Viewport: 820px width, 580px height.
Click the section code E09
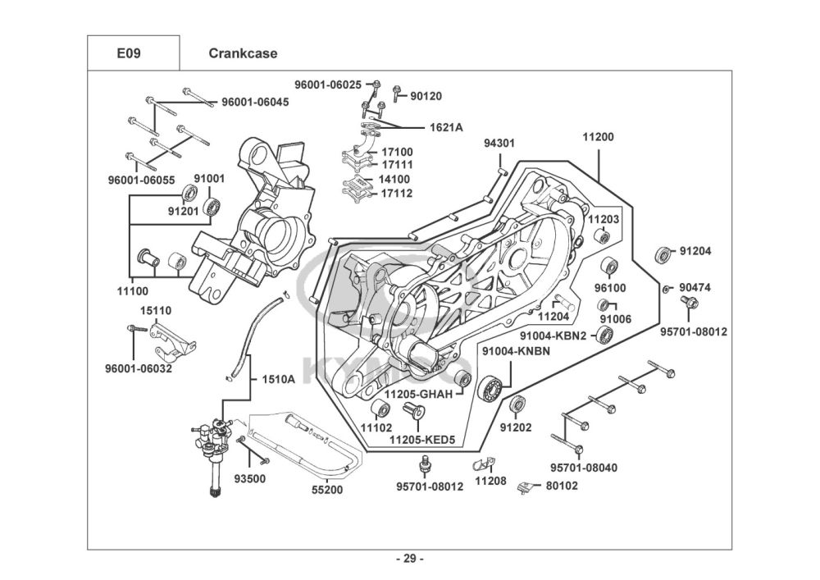pyautogui.click(x=128, y=54)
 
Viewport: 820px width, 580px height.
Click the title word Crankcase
pyautogui.click(x=243, y=54)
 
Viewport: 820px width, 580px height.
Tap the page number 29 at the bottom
pyautogui.click(x=409, y=559)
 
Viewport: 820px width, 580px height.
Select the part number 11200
pyautogui.click(x=598, y=138)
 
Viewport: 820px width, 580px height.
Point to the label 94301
pyautogui.click(x=499, y=143)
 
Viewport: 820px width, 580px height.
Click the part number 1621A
pyautogui.click(x=446, y=127)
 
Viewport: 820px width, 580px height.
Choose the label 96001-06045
pyautogui.click(x=254, y=102)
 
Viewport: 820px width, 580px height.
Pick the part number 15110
pyautogui.click(x=155, y=311)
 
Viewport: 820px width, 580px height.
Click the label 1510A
pyautogui.click(x=278, y=380)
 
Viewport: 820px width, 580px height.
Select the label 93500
pyautogui.click(x=249, y=477)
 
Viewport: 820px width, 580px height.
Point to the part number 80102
pyautogui.click(x=563, y=485)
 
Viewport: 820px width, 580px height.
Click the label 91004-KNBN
pyautogui.click(x=516, y=351)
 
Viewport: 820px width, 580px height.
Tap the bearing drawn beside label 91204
pyautogui.click(x=663, y=254)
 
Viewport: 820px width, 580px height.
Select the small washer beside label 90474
pyautogui.click(x=667, y=289)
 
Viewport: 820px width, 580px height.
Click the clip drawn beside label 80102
pyautogui.click(x=528, y=489)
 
